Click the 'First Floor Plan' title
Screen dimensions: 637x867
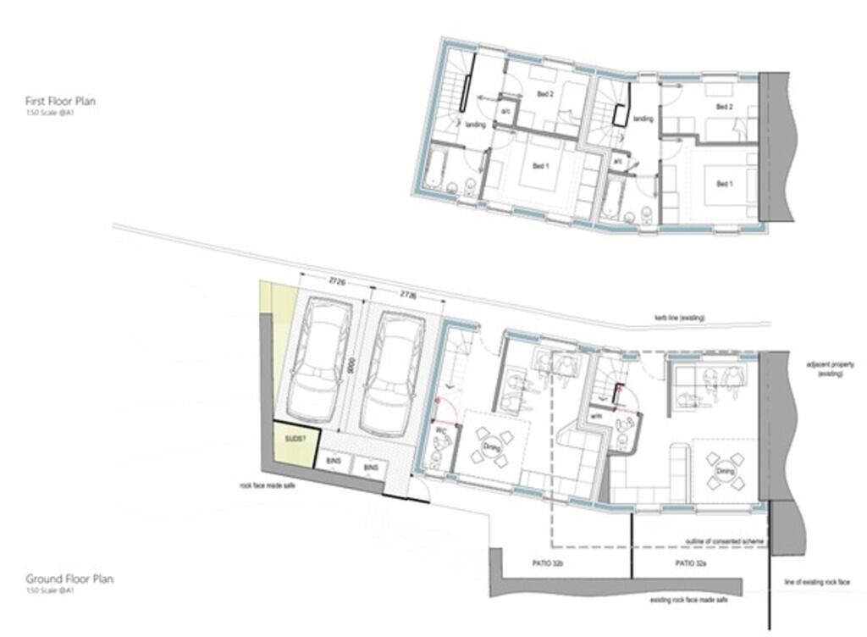point(60,101)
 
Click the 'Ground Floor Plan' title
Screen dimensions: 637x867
point(69,579)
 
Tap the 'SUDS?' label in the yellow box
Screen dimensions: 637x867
point(295,440)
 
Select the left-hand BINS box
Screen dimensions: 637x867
point(333,463)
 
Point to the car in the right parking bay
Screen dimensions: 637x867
point(391,373)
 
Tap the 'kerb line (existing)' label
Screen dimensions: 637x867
point(678,318)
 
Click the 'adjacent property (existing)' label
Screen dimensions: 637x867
point(831,369)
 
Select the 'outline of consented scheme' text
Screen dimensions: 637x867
point(720,540)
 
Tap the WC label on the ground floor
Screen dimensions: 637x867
point(440,430)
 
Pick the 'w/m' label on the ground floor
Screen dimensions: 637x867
point(597,416)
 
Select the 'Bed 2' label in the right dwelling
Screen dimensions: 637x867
point(724,107)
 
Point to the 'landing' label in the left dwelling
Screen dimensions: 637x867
point(475,125)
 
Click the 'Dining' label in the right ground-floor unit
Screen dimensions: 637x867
point(725,471)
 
